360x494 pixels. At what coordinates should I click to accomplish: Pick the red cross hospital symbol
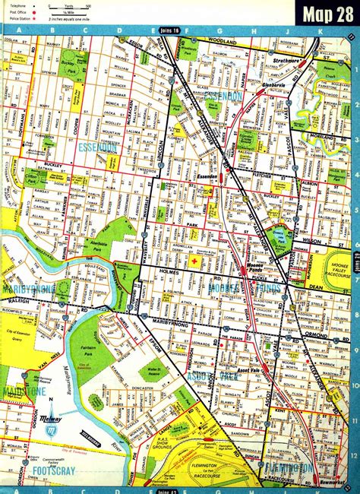pyautogui.click(x=194, y=261)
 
